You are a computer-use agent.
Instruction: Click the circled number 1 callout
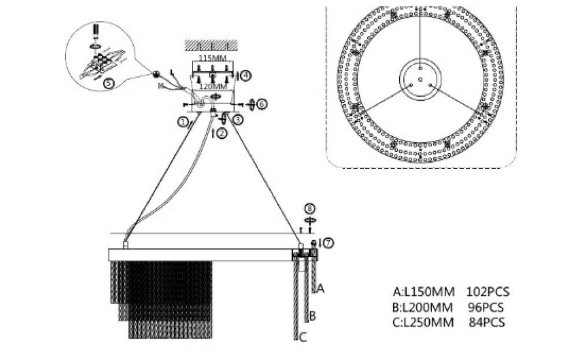click(183, 122)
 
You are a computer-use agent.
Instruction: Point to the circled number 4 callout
click(246, 75)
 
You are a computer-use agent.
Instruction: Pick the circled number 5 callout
click(108, 83)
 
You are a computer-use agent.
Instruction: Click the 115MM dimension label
click(212, 58)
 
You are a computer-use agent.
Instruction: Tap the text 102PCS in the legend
click(489, 292)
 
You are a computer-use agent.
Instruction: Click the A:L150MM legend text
click(424, 292)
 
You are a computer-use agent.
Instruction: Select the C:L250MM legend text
click(424, 322)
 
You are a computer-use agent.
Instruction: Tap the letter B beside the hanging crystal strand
click(312, 316)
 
